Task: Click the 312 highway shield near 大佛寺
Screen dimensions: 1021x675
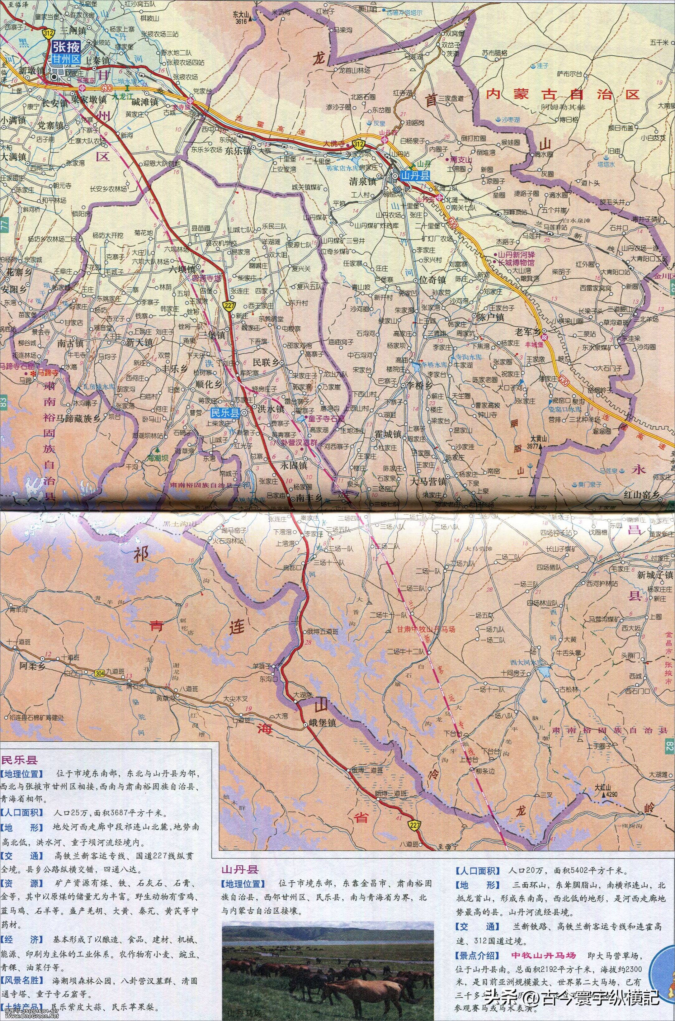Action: coord(357,143)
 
